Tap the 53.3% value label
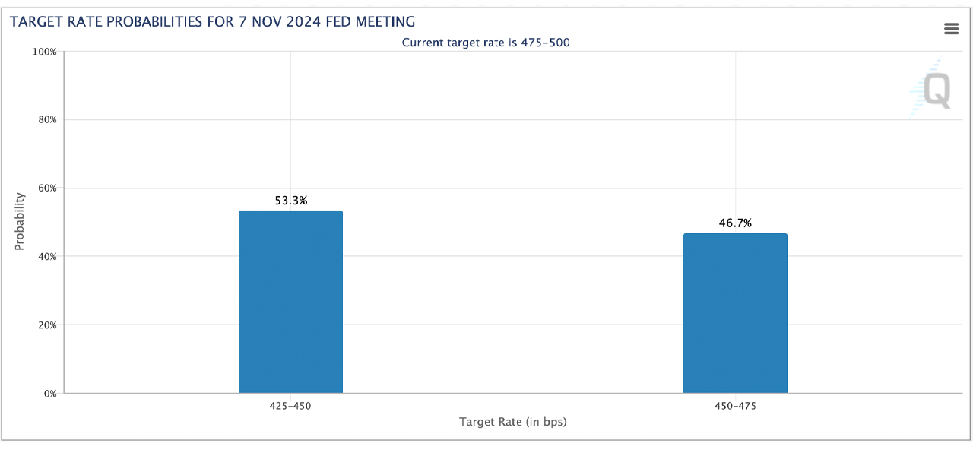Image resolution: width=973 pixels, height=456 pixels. click(290, 201)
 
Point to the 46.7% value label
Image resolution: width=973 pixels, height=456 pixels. click(735, 223)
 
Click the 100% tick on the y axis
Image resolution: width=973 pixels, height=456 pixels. click(43, 52)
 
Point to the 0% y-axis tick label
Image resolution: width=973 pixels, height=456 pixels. click(49, 394)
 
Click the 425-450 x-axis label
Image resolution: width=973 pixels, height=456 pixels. click(290, 406)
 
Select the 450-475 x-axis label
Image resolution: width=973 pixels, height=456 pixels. click(735, 406)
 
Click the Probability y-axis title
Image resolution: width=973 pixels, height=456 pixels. click(20, 221)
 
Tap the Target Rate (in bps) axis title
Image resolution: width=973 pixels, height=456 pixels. click(512, 422)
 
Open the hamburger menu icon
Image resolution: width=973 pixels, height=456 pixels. click(951, 29)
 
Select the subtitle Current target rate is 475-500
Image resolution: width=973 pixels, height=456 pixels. click(486, 43)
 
